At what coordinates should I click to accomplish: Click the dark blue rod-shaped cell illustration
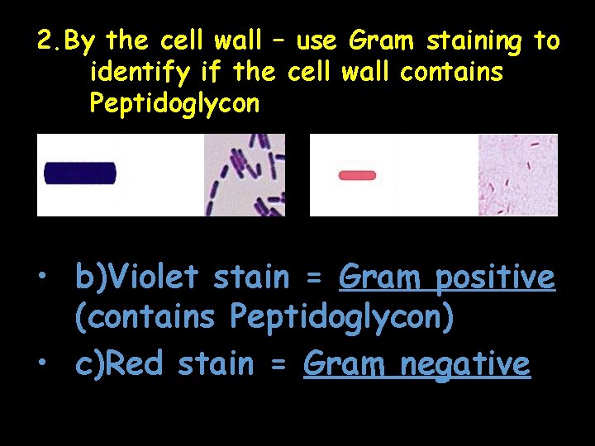[80, 173]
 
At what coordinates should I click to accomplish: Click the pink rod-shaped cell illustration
[357, 175]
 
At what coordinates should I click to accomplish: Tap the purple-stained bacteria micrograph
[245, 175]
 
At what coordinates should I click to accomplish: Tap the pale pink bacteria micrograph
[518, 175]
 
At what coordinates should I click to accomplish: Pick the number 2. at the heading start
[49, 40]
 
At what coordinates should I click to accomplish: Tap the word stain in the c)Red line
[214, 364]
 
